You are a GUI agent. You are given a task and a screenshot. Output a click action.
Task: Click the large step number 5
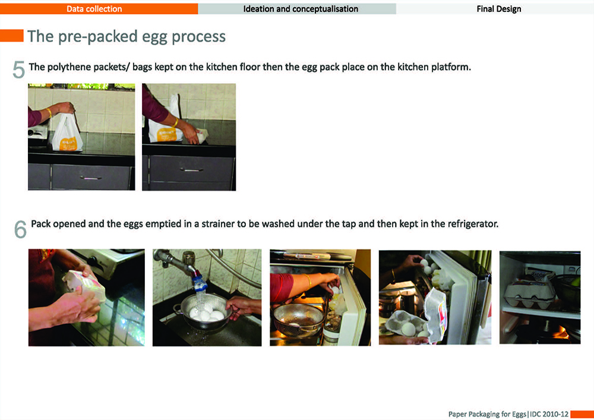(x=18, y=70)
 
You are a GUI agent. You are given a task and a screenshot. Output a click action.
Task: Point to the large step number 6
(x=20, y=229)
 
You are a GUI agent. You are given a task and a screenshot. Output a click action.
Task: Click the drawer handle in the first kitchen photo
(x=90, y=178)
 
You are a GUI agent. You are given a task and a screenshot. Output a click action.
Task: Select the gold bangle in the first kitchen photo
(x=49, y=113)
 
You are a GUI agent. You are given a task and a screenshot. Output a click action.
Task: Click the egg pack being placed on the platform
(x=201, y=135)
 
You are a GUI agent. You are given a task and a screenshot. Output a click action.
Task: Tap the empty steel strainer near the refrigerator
(x=298, y=320)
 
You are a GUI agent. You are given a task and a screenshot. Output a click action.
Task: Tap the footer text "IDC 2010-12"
(x=549, y=414)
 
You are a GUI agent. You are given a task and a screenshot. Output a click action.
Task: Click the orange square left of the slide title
(x=12, y=36)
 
